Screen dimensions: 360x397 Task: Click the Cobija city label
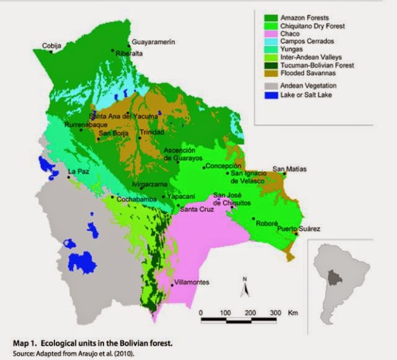(52, 45)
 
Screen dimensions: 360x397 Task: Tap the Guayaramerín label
(152, 42)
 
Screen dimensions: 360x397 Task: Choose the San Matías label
(289, 169)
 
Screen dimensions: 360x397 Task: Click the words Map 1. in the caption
(29, 342)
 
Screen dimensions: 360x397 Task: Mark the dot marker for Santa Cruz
(178, 205)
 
